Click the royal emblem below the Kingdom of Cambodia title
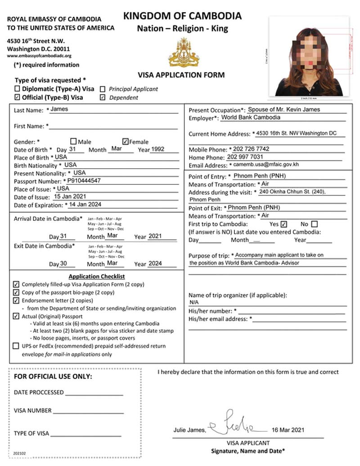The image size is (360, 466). click(x=184, y=53)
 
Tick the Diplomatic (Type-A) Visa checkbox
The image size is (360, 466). click(x=18, y=89)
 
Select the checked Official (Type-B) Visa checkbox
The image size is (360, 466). click(x=18, y=97)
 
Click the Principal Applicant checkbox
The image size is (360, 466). click(x=103, y=89)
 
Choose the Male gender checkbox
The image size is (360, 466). click(x=74, y=141)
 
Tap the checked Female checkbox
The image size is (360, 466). click(x=126, y=141)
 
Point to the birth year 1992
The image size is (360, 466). click(x=158, y=149)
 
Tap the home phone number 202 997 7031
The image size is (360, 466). click(x=245, y=157)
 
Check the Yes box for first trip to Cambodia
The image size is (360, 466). click(x=283, y=224)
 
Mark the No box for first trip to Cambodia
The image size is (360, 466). click(x=314, y=224)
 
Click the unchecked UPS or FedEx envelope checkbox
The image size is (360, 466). click(x=17, y=346)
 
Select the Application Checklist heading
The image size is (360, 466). click(x=96, y=276)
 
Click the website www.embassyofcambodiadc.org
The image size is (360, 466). click(x=39, y=56)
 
